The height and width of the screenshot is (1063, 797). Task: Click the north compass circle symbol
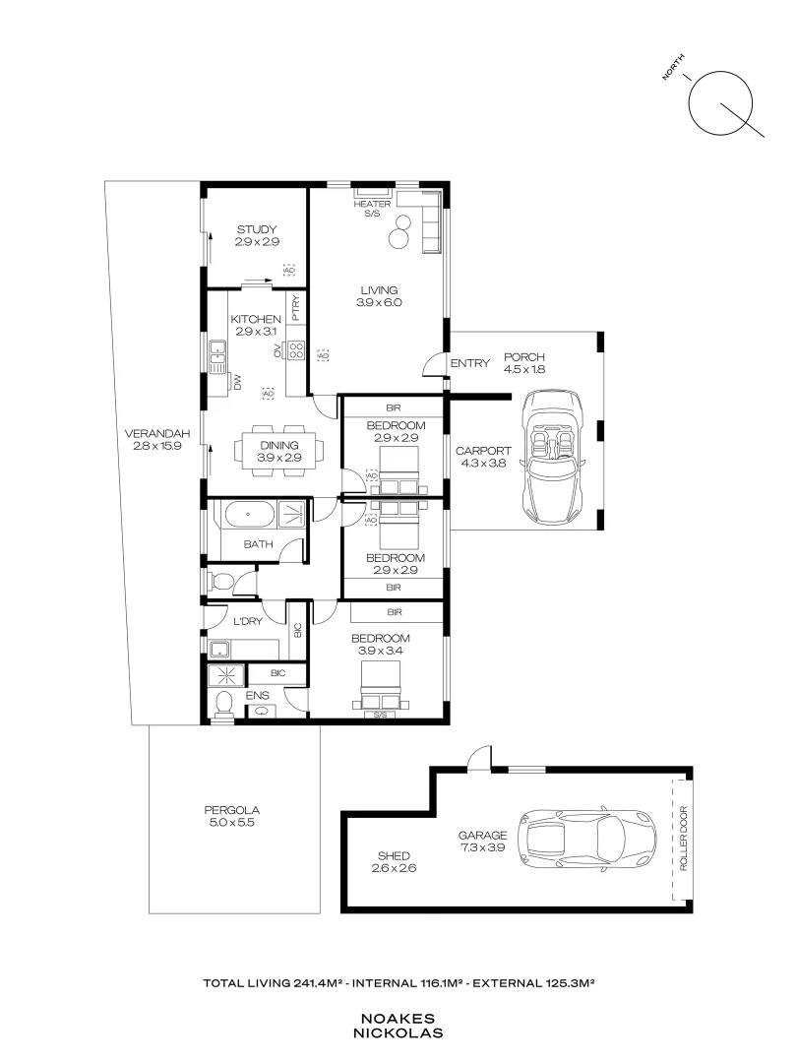pos(720,102)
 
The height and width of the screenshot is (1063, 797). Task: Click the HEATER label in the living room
pos(372,204)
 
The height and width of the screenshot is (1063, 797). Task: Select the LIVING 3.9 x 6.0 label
pos(379,296)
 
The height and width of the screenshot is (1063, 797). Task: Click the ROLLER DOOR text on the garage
pos(681,839)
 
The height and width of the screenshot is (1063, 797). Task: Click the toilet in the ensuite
pos(223,703)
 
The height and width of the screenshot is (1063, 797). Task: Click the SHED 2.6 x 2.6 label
pos(392,861)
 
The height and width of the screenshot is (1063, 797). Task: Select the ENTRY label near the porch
pos(469,363)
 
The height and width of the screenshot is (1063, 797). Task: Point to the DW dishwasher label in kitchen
pos(237,382)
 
